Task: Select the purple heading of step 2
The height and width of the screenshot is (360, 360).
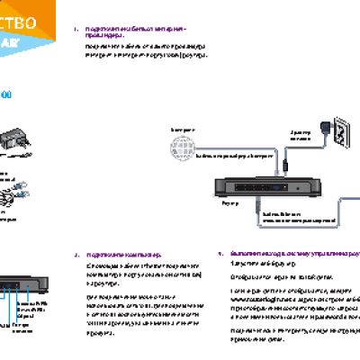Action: point(126,255)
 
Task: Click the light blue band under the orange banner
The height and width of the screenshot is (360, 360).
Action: point(18,41)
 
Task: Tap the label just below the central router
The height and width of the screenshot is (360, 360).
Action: point(226,204)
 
